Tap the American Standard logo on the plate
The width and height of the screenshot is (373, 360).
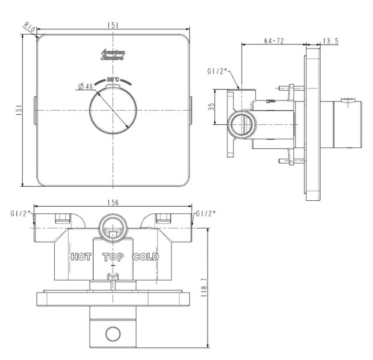tap(113, 55)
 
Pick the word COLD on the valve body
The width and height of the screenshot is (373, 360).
tap(146, 256)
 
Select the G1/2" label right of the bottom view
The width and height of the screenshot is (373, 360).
tap(206, 213)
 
